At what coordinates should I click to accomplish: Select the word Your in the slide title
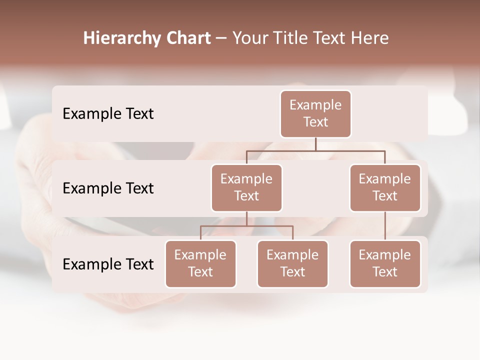pyautogui.click(x=250, y=38)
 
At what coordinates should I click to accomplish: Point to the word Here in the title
pyautogui.click(x=370, y=38)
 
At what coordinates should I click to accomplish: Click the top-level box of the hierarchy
pyautogui.click(x=315, y=114)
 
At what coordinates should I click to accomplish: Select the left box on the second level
pyautogui.click(x=246, y=188)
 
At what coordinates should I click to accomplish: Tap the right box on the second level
pyautogui.click(x=385, y=188)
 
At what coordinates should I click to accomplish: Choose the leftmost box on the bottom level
pyautogui.click(x=200, y=264)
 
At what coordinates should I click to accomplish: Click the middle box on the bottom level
pyautogui.click(x=292, y=264)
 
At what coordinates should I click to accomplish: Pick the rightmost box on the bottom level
pyautogui.click(x=385, y=264)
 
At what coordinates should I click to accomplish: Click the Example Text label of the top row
pyautogui.click(x=108, y=114)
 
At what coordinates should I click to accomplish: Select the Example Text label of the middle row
pyautogui.click(x=108, y=188)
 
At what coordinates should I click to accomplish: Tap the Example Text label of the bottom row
pyautogui.click(x=108, y=264)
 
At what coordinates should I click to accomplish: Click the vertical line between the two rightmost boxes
pyautogui.click(x=385, y=226)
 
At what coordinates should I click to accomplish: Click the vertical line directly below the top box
pyautogui.click(x=315, y=144)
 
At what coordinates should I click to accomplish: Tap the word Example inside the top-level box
pyautogui.click(x=315, y=105)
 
